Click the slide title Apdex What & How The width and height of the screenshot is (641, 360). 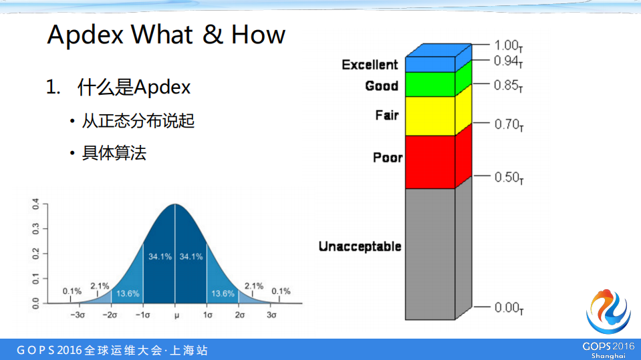(x=166, y=35)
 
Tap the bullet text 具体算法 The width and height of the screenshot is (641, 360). (x=114, y=153)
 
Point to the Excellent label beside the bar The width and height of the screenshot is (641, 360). (x=370, y=65)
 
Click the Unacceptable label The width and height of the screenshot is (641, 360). (x=360, y=246)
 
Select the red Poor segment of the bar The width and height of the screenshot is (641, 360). (x=430, y=161)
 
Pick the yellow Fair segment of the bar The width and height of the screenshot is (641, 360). (x=430, y=116)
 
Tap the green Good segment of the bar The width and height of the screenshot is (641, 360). (x=430, y=84)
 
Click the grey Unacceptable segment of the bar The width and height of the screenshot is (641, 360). (x=430, y=254)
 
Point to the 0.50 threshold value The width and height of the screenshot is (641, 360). (x=509, y=178)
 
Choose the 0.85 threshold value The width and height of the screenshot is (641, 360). (x=509, y=85)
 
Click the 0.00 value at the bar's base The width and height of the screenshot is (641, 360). (x=509, y=308)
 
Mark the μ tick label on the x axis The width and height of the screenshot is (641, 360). (x=175, y=315)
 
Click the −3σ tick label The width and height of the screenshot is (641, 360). (x=78, y=315)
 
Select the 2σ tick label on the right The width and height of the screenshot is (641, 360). (x=239, y=315)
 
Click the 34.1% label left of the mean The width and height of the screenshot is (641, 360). (x=159, y=256)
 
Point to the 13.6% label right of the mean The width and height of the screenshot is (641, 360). (x=223, y=293)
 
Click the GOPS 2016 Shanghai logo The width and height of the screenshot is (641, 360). (x=608, y=323)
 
